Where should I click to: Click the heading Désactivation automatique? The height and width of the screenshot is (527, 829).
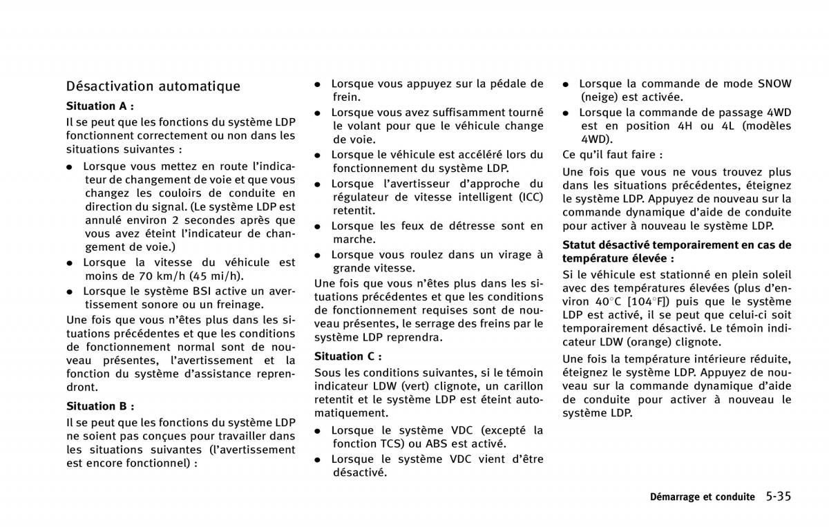[153, 86]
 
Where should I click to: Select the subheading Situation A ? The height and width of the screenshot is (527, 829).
[99, 106]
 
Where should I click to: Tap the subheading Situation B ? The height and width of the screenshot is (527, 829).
[99, 406]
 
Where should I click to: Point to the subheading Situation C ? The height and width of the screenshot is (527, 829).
[347, 356]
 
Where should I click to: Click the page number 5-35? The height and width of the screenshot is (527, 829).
[778, 496]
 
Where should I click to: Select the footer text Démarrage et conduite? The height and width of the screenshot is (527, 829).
[702, 497]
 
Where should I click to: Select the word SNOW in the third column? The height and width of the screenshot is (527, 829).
[774, 84]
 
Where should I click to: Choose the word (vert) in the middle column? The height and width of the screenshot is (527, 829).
[421, 385]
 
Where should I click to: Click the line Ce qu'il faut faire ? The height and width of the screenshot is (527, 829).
[612, 155]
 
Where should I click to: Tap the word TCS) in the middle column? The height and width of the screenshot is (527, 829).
[389, 444]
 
